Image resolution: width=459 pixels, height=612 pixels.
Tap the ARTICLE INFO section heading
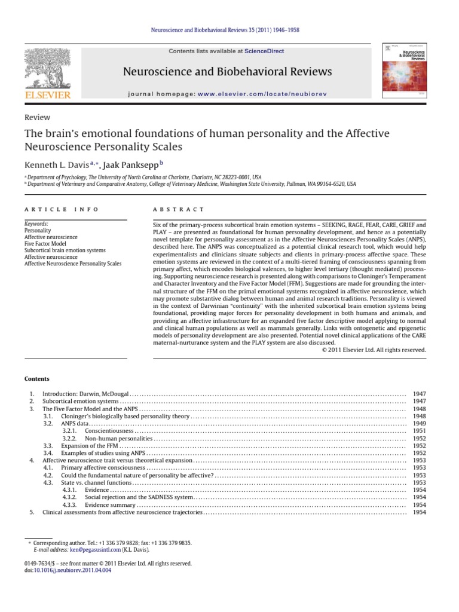pos(62,210)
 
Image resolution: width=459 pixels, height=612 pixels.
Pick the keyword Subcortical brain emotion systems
pos(66,250)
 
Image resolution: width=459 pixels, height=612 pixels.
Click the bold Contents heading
pos(37,379)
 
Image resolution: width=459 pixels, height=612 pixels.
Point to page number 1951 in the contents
pos(419,430)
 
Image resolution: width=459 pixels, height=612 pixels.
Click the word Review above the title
pos(36,118)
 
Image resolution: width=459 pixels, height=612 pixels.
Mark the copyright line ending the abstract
pos(374,350)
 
